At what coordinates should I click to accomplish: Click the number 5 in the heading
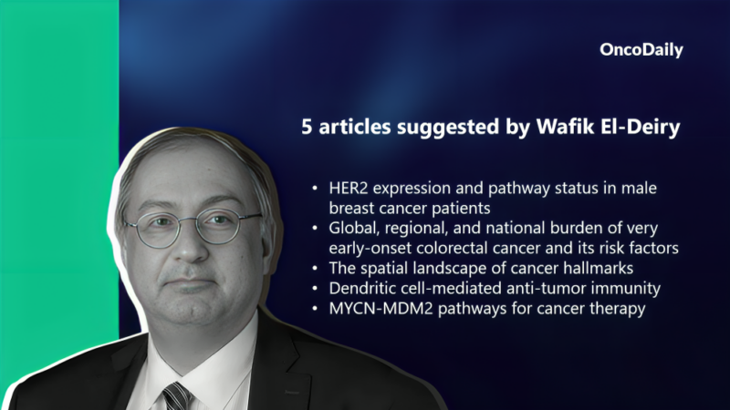[308, 128]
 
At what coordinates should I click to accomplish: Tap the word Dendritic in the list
[362, 288]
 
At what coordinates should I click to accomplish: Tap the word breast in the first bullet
[352, 208]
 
